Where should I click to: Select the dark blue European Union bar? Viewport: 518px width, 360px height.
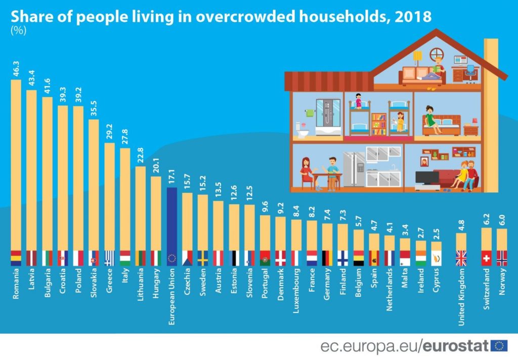tap(171, 220)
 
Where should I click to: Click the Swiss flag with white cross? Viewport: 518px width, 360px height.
tap(486, 258)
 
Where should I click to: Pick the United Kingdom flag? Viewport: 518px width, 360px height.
tap(461, 258)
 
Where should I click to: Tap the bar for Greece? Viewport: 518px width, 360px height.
tap(109, 197)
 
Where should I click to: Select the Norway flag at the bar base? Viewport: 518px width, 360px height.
tap(501, 258)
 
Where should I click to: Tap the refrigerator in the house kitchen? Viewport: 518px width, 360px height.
tap(354, 170)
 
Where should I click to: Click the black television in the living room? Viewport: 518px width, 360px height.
tap(426, 178)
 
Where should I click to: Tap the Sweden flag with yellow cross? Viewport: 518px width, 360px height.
tap(203, 258)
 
